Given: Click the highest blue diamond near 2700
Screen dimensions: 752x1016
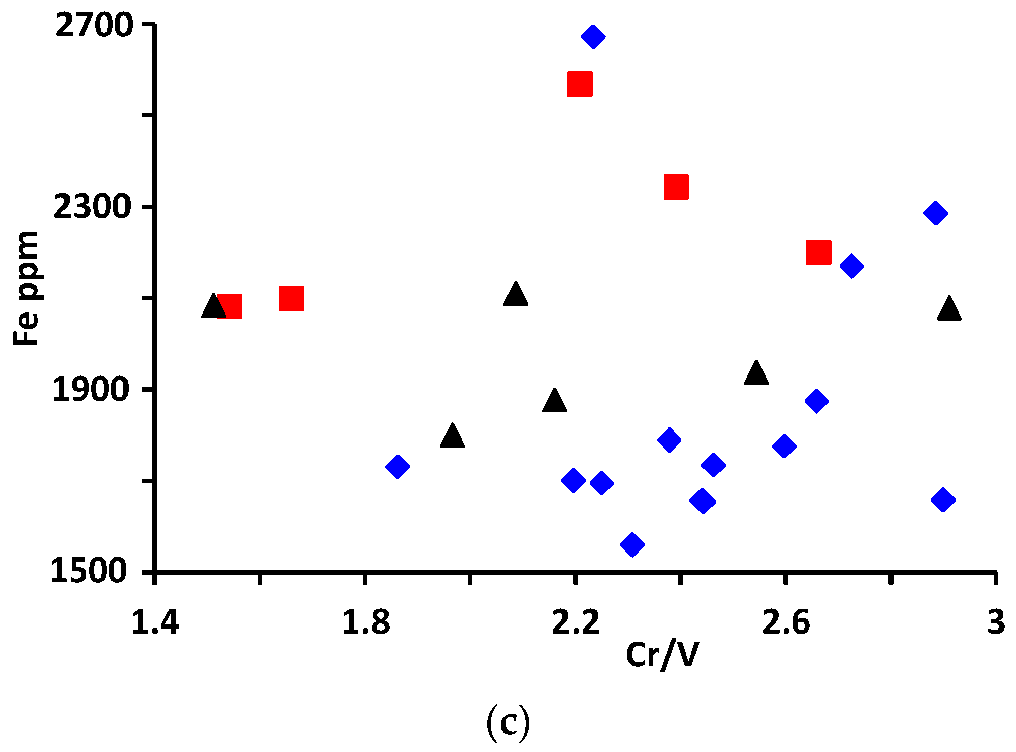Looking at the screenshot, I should (x=593, y=36).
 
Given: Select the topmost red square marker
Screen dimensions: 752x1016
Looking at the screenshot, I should (x=580, y=84).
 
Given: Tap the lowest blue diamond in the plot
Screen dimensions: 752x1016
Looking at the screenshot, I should (x=632, y=544).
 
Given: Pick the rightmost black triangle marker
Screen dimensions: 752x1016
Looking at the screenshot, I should (x=949, y=309).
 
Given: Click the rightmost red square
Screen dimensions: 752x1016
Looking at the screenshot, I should (x=818, y=252).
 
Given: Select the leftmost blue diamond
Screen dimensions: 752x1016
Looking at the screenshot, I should (x=397, y=466).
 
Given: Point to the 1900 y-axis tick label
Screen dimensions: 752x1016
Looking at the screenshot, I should (x=91, y=390).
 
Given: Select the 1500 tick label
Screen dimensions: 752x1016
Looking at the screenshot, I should (x=89, y=572).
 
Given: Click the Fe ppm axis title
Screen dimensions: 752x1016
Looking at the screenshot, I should (x=26, y=288).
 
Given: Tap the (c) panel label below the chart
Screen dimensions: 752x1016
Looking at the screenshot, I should (x=508, y=722).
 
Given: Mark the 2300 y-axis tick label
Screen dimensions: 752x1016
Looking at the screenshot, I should (x=92, y=207).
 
